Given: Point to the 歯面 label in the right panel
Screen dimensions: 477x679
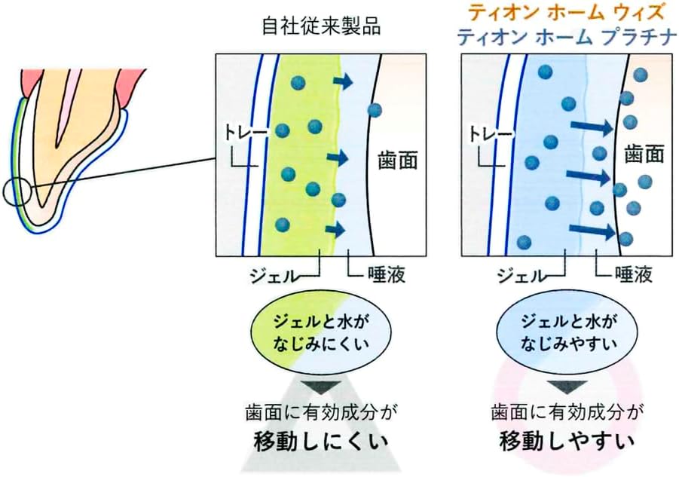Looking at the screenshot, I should (x=644, y=154).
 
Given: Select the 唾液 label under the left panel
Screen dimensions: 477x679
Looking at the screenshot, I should (x=387, y=275).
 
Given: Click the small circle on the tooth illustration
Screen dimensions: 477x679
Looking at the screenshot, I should (x=16, y=191).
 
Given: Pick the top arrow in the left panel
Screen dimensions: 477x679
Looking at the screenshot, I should (x=343, y=81).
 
